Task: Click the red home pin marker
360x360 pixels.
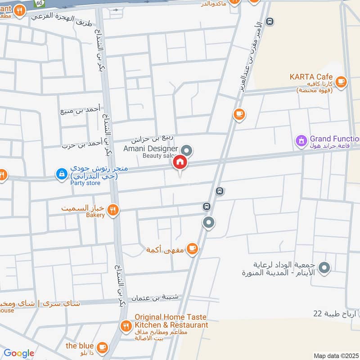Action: (x=180, y=162)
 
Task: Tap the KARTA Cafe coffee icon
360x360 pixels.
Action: (x=341, y=81)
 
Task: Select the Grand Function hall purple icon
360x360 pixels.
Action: (x=301, y=140)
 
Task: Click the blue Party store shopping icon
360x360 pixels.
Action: (x=61, y=173)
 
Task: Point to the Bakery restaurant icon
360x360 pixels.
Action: (x=113, y=209)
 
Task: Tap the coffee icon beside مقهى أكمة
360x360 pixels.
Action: (x=192, y=248)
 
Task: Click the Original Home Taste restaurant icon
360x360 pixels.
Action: (x=126, y=325)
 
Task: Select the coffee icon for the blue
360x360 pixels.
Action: (x=103, y=346)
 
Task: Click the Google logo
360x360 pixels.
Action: (x=19, y=354)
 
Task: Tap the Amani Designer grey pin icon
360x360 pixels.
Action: (x=187, y=150)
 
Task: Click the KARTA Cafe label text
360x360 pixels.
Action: (x=311, y=77)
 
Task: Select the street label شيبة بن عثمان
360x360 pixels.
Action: (x=155, y=297)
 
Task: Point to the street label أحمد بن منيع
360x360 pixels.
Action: (x=81, y=109)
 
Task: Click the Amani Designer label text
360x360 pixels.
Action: (x=151, y=148)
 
